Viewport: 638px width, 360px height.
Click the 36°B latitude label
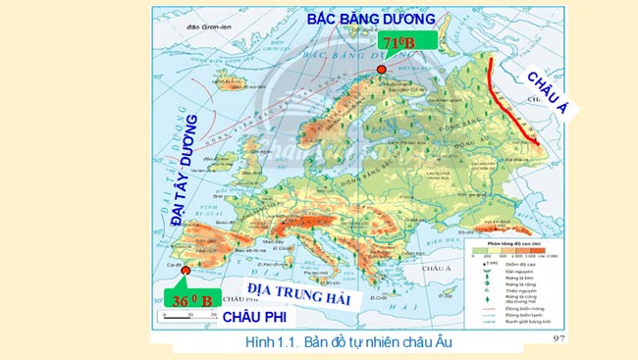(x=188, y=299)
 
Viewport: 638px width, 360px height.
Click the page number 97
(x=560, y=338)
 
